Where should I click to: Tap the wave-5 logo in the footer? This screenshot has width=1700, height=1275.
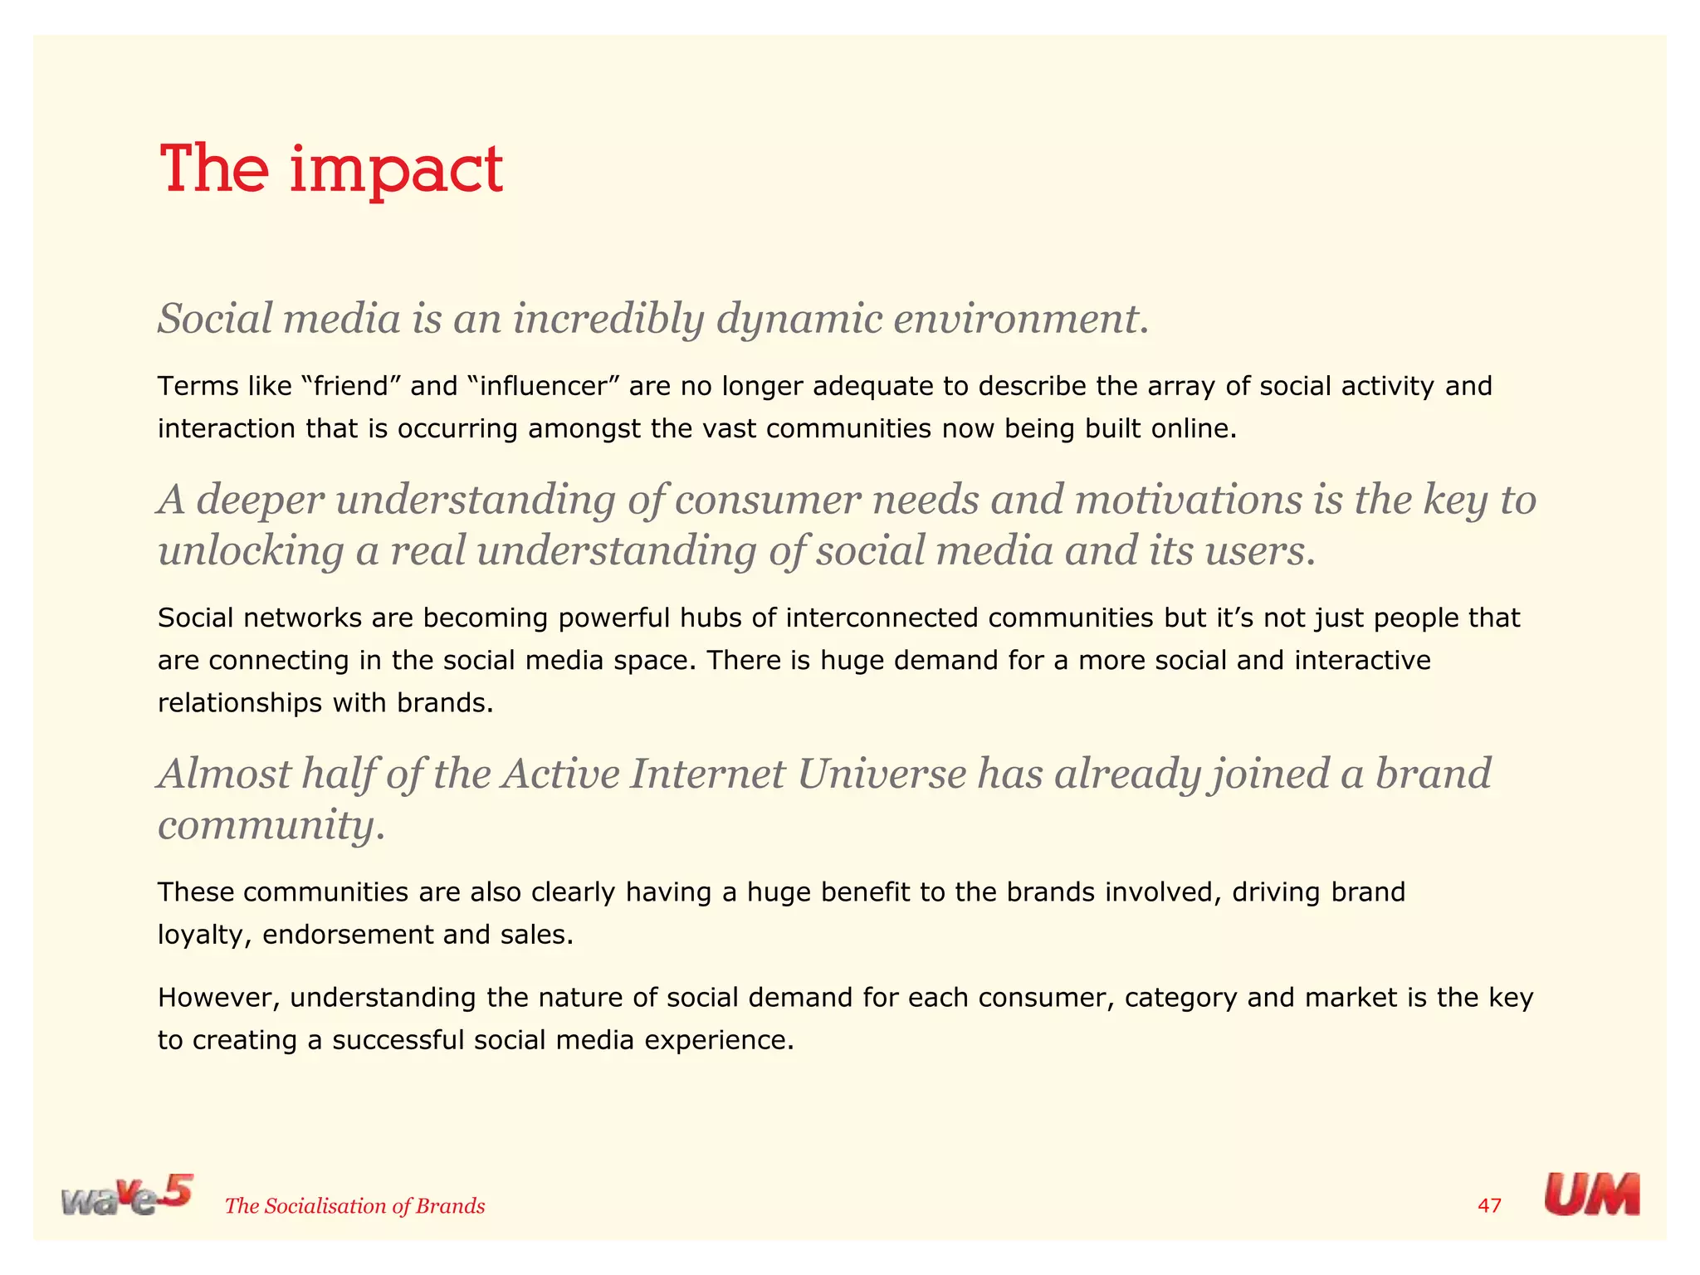tap(126, 1195)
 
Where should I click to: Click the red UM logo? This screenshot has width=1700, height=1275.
tap(1591, 1194)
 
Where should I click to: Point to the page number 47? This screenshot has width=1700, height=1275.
tap(1490, 1205)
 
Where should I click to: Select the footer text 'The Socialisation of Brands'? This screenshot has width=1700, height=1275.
tap(354, 1206)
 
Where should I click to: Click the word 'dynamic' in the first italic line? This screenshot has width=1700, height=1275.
tap(799, 319)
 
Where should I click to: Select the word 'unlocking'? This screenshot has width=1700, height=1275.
tap(251, 551)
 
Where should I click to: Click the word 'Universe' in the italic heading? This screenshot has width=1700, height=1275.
tap(881, 774)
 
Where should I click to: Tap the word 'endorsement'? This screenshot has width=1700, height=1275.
tap(348, 935)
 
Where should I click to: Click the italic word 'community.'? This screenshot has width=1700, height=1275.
tap(271, 825)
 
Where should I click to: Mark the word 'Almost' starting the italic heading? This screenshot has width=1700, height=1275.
tap(223, 774)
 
